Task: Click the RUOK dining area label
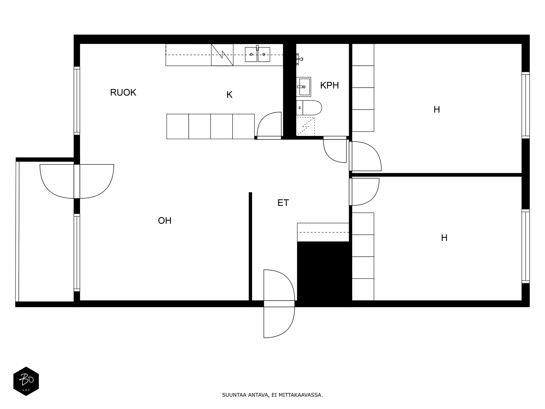[x=123, y=92]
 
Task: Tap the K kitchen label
[x=229, y=95]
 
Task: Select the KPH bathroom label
[x=329, y=86]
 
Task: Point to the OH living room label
[x=165, y=221]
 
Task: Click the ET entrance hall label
[x=283, y=203]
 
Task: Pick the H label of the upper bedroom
[x=436, y=109]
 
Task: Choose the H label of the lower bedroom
[x=444, y=238]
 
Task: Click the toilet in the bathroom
[x=309, y=108]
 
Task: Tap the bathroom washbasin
[x=303, y=87]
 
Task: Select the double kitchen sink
[x=258, y=55]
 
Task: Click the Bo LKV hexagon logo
[x=26, y=381]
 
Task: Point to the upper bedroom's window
[x=525, y=105]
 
